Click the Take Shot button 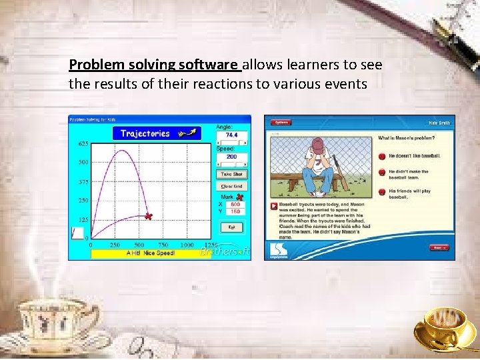click(232, 174)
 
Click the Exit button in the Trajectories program click(232, 227)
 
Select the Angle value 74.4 click(231, 135)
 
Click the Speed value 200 click(231, 157)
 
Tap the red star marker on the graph click(149, 216)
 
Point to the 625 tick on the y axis click(83, 144)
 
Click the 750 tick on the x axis click(163, 245)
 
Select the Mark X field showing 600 click(235, 205)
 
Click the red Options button click(281, 122)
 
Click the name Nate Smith click(439, 123)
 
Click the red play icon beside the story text click(273, 205)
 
